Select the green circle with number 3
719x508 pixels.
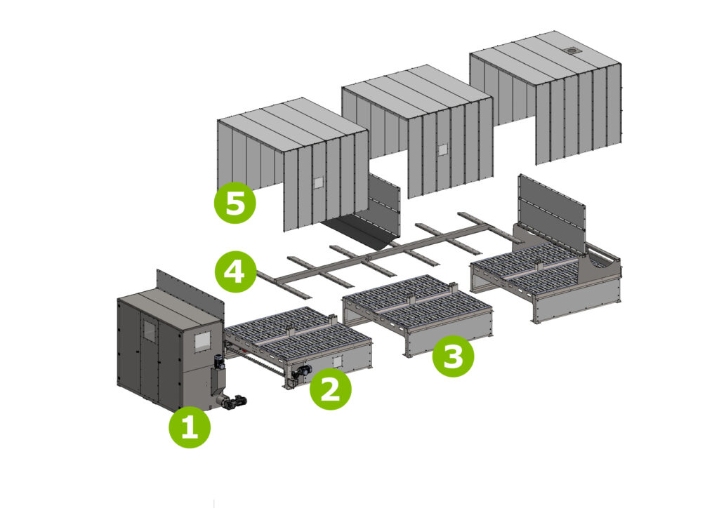[x=453, y=357]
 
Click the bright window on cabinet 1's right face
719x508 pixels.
[x=201, y=342]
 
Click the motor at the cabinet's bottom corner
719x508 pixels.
[x=230, y=402]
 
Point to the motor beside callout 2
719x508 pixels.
[x=303, y=375]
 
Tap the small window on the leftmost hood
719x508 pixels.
[x=317, y=182]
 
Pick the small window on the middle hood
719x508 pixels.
[x=442, y=149]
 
